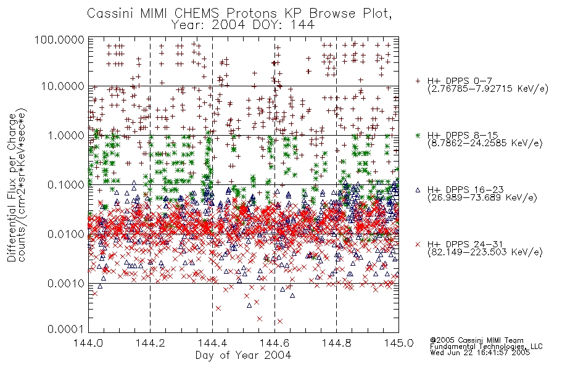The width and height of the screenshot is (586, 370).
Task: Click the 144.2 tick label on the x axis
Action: point(151,343)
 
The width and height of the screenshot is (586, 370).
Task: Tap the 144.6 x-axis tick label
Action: point(274,343)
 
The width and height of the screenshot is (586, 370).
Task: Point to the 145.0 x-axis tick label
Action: point(398,343)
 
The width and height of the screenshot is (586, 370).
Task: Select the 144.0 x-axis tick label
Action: point(89,343)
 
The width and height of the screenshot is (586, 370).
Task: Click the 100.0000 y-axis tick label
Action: point(60,39)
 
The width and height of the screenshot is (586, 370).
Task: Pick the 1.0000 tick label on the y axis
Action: point(66,135)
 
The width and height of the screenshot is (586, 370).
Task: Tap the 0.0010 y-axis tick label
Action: point(66,283)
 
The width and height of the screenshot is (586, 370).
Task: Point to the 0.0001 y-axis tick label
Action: point(66,329)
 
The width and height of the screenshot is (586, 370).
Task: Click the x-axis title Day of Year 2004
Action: point(243,355)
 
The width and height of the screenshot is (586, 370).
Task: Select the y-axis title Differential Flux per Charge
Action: point(12,187)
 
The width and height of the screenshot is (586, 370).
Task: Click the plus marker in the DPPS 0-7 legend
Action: point(418,81)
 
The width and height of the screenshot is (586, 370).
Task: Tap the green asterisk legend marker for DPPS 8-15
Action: point(418,135)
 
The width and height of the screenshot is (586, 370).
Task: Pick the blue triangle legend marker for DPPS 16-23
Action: point(418,190)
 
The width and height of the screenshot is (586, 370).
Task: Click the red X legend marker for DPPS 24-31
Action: point(418,244)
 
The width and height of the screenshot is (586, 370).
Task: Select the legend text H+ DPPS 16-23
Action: point(465,189)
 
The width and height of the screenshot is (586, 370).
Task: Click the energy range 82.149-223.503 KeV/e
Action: point(485,252)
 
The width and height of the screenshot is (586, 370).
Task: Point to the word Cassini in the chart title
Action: point(110,14)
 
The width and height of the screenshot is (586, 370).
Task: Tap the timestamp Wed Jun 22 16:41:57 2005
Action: point(480,352)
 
